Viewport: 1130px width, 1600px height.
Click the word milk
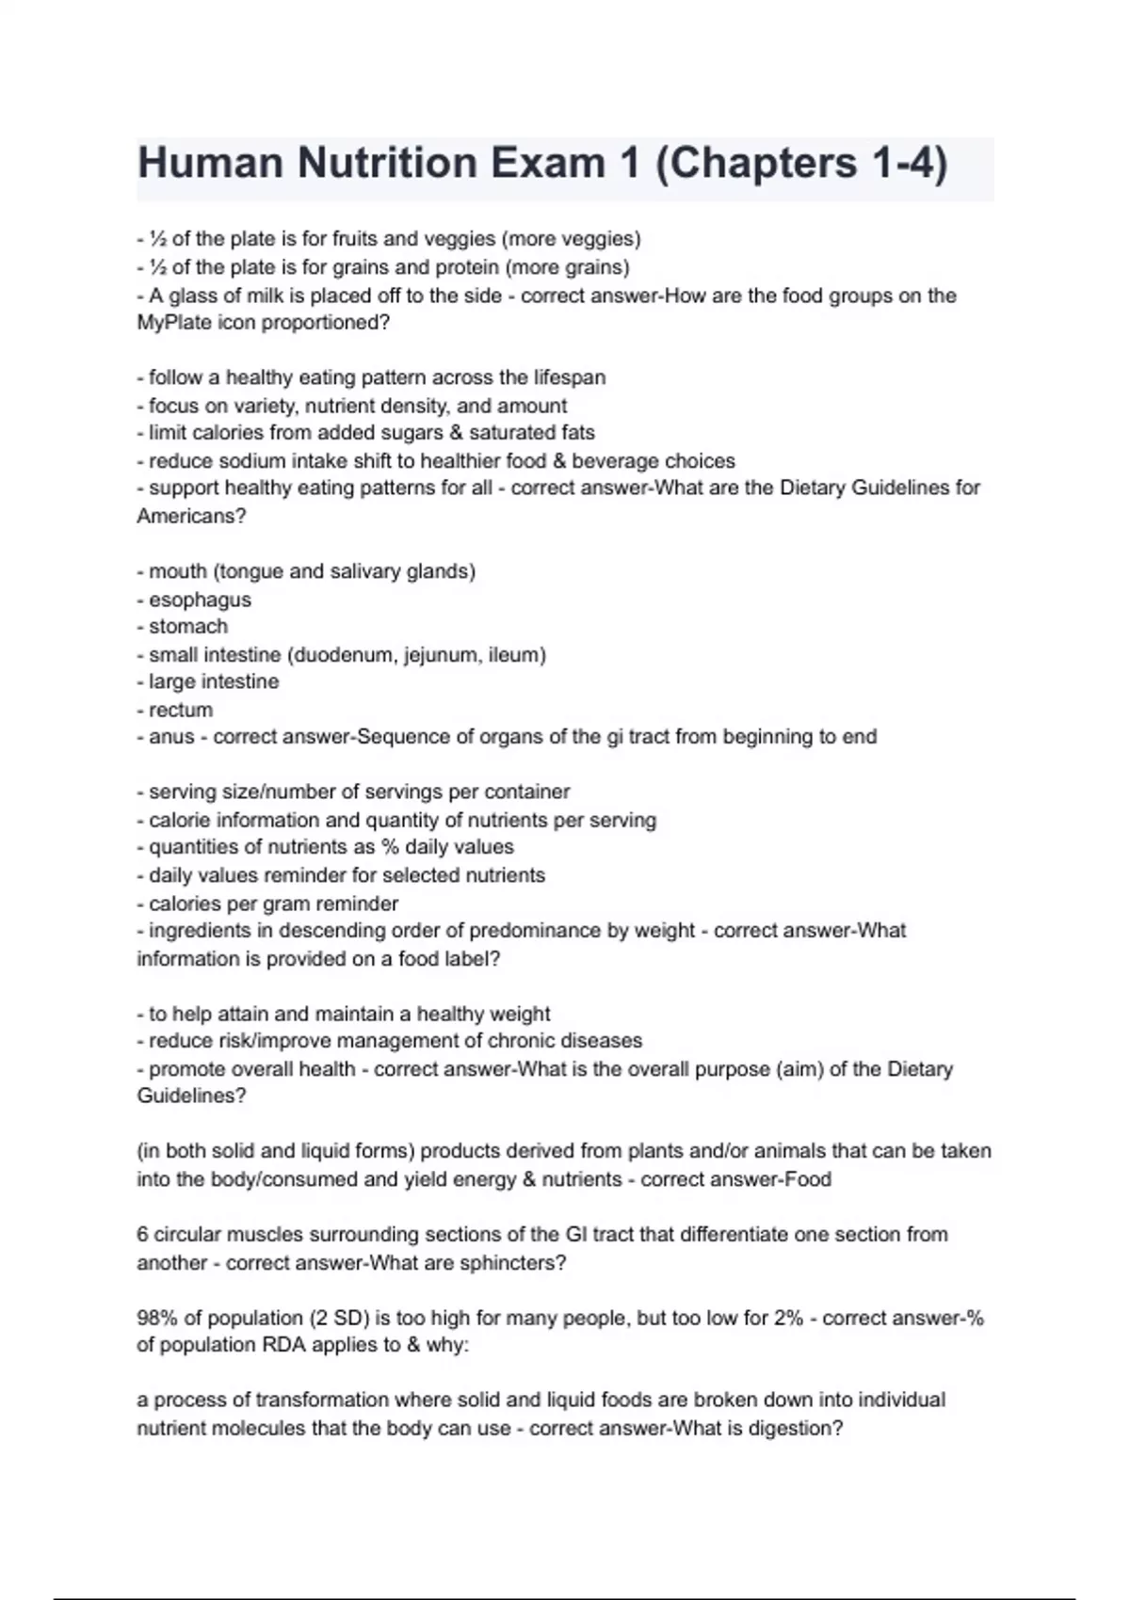coord(256,296)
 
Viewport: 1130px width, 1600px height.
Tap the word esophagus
coord(200,600)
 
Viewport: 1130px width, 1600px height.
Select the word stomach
coord(188,627)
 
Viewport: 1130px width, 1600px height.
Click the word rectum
coord(181,710)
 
